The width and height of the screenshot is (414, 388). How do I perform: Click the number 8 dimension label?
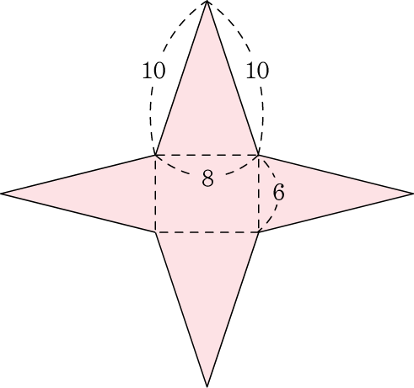[207, 178]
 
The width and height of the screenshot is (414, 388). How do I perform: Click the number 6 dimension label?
[279, 193]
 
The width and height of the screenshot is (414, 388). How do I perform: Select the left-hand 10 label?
[153, 71]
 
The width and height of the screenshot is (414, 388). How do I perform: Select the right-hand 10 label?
[257, 71]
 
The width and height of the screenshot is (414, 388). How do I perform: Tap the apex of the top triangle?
[207, 1]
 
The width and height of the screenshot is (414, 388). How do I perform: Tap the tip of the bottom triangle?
[207, 386]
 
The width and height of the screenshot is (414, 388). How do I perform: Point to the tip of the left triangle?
[1, 194]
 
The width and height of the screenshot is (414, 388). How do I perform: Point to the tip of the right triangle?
[413, 194]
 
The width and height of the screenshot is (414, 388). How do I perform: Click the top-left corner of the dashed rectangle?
[155, 155]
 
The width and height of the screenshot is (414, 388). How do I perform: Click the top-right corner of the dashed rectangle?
[259, 155]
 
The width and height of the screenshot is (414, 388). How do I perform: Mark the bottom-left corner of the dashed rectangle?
[155, 232]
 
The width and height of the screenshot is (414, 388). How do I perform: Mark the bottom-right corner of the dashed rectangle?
[259, 232]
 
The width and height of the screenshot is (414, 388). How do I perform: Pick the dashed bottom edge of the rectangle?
[207, 232]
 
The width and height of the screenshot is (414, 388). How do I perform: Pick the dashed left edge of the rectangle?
[155, 194]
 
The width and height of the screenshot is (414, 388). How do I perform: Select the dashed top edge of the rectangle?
[207, 155]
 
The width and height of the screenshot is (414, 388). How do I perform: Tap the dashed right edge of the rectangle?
[259, 194]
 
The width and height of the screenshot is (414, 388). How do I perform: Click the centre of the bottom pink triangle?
[207, 284]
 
